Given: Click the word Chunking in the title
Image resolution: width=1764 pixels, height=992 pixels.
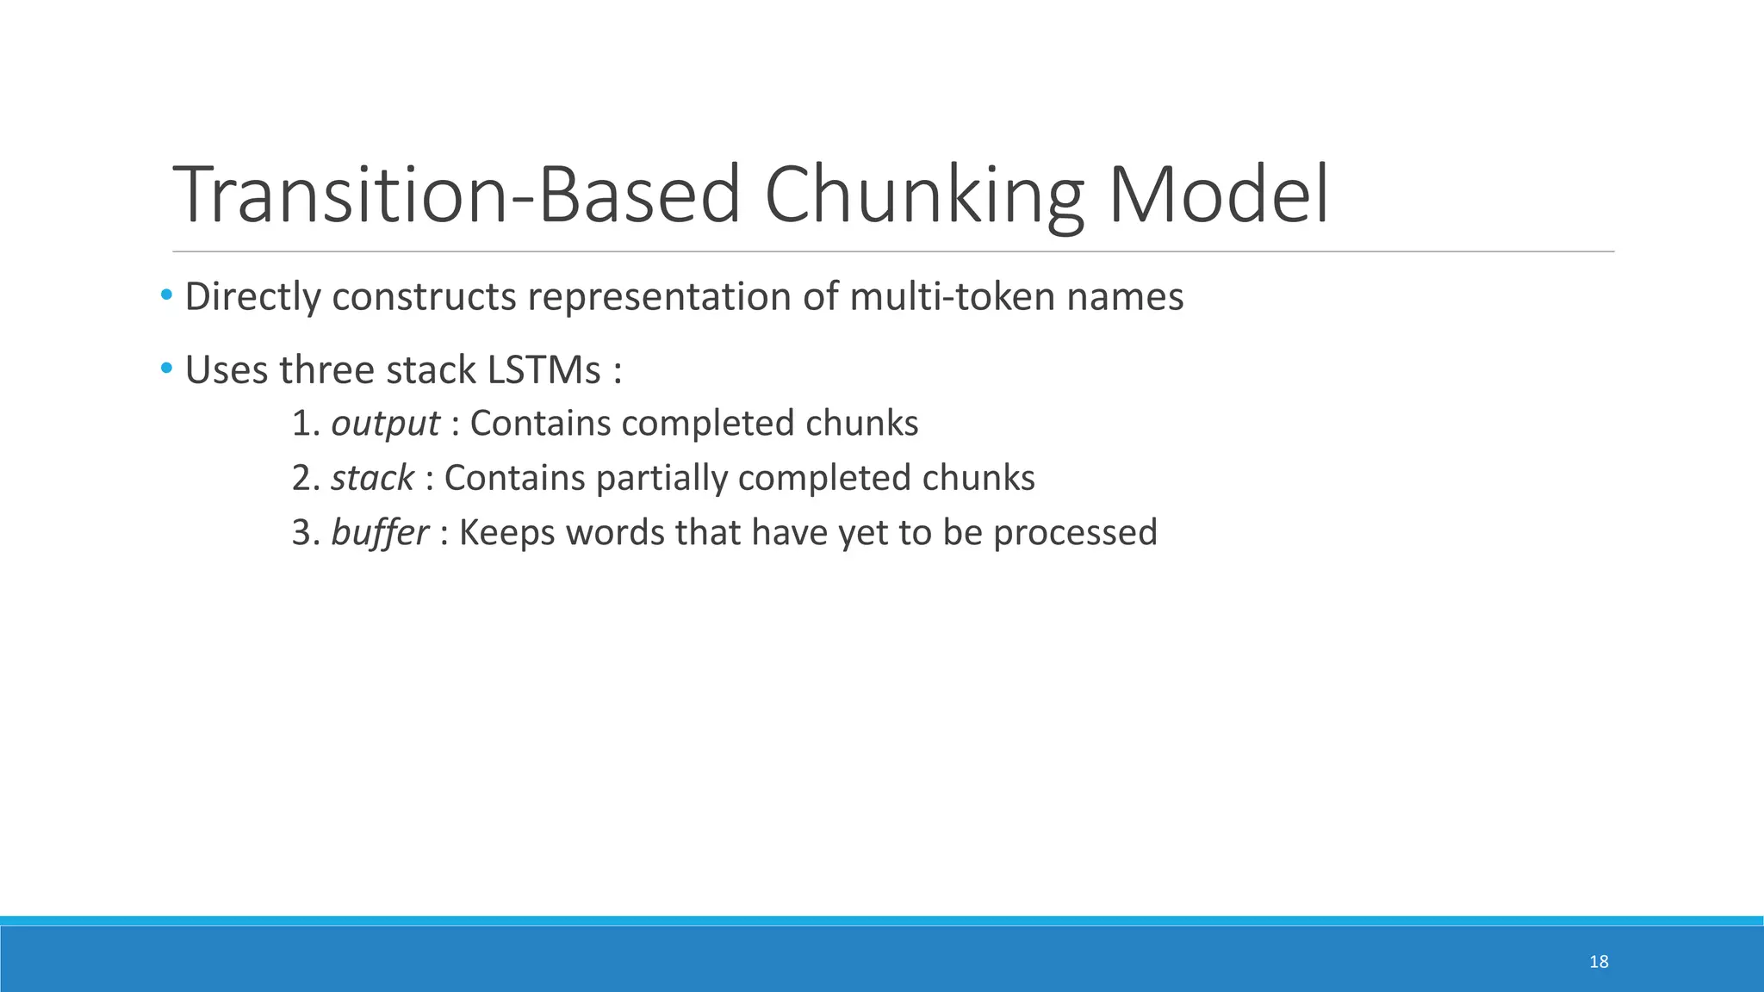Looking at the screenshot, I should pyautogui.click(x=922, y=195).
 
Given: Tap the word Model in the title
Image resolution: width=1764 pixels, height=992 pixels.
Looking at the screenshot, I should pyautogui.click(x=1218, y=195).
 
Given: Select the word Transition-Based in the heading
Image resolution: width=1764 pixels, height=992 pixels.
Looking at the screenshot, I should pyautogui.click(x=457, y=195).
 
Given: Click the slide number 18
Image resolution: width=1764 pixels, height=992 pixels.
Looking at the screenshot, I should pyautogui.click(x=1599, y=962).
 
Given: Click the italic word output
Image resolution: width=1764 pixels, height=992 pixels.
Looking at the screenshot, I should pyautogui.click(x=385, y=424).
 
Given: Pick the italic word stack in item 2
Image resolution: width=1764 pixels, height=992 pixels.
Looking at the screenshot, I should pyautogui.click(x=372, y=478).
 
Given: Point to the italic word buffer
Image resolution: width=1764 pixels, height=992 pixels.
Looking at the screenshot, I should pyautogui.click(x=379, y=532).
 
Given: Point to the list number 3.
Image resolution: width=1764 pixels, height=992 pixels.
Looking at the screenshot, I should pyautogui.click(x=303, y=532).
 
